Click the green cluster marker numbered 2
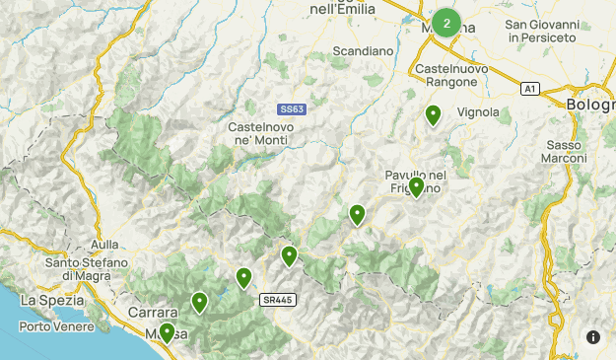tap(446, 23)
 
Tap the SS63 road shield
tap(291, 109)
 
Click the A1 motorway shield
tap(530, 89)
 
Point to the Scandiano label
tap(363, 50)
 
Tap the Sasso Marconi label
tap(566, 152)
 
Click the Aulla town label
tap(103, 245)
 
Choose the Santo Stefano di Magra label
tap(87, 270)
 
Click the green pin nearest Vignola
tap(433, 115)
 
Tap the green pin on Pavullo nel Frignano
tap(417, 186)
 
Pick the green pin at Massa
tap(168, 332)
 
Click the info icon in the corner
tap(593, 337)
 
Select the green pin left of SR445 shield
tap(243, 278)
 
